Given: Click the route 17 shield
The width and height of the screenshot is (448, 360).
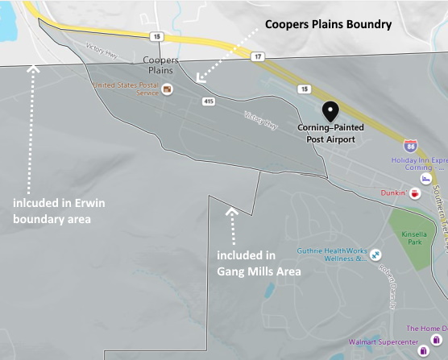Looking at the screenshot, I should pos(256,56).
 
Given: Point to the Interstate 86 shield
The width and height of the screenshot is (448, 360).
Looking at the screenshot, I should pos(410,147).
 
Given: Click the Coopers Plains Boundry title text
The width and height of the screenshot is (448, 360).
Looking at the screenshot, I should pos(329,25).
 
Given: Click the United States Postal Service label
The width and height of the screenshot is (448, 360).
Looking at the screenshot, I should pos(125,89).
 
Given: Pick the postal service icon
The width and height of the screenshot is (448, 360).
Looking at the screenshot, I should pos(167,89).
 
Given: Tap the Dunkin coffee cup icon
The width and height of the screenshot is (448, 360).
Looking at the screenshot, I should pos(414,193).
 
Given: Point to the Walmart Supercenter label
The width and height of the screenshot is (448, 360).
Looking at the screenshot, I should pos(380,341).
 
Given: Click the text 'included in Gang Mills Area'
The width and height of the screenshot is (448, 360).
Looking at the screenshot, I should pos(259,263).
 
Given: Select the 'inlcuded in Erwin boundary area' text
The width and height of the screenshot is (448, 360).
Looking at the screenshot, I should pos(52,209).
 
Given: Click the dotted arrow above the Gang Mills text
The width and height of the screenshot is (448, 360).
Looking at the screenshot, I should pos(233,225).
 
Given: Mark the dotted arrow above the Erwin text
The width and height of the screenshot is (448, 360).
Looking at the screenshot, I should pos(33,121).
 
